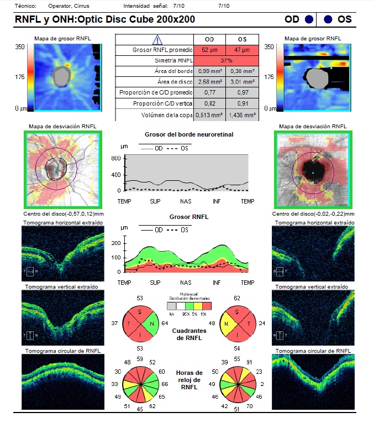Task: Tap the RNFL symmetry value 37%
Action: [x=225, y=60]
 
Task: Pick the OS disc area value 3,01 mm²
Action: [x=241, y=82]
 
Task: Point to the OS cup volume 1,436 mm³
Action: [x=241, y=114]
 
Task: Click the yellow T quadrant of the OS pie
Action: [x=224, y=323]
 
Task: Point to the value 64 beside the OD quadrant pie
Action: [x=164, y=323]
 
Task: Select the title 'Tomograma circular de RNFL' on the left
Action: [x=62, y=351]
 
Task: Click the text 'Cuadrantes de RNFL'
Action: [x=186, y=334]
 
